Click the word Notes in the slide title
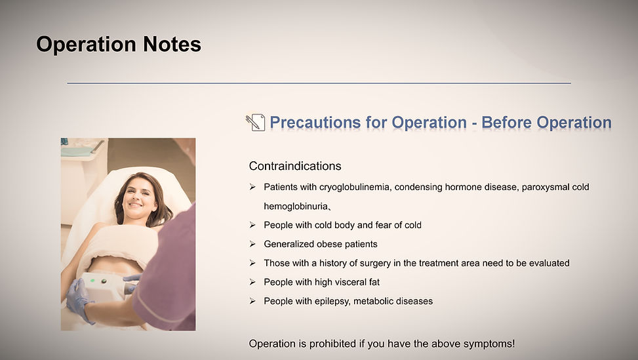coord(172,44)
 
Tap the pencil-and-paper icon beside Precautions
coord(255,123)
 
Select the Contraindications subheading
coord(295,166)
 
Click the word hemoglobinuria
coord(296,207)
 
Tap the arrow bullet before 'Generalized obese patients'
coord(252,244)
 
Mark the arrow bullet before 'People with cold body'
coord(252,225)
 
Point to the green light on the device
coord(92,280)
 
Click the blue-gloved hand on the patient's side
coord(79,300)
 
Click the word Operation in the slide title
coord(87,45)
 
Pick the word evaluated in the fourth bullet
coord(549,263)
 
